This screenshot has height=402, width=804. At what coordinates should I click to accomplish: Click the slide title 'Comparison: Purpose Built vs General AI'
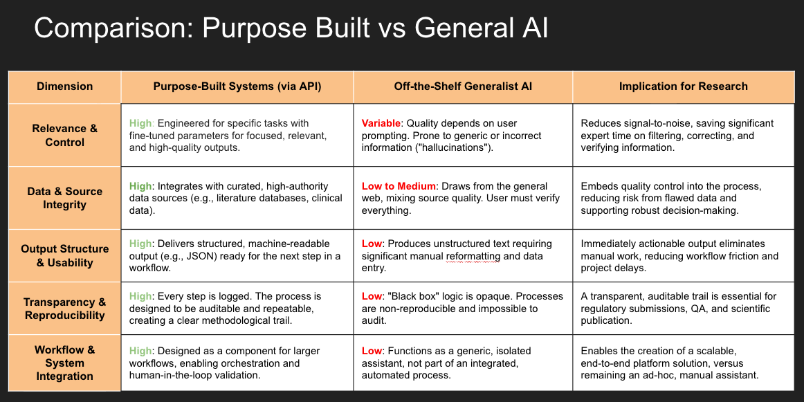point(291,29)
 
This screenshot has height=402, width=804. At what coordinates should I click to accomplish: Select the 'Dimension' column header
point(64,86)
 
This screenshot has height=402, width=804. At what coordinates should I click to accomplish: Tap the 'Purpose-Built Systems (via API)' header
point(237,86)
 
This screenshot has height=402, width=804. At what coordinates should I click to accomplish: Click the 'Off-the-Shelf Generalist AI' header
point(463,86)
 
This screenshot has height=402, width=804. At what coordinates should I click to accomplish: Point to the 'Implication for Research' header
point(683,86)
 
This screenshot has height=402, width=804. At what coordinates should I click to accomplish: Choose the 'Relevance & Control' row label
point(64,135)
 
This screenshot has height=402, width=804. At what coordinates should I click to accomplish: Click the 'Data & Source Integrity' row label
point(64,198)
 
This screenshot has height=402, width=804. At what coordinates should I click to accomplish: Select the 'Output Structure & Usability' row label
point(64,255)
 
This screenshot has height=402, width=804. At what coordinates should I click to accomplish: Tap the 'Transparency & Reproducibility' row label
point(64,309)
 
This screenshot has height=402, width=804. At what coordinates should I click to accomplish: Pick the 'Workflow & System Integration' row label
point(64,363)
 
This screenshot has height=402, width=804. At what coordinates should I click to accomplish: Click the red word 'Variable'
point(381,123)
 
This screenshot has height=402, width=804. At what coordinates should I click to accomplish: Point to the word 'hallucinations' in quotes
point(453,148)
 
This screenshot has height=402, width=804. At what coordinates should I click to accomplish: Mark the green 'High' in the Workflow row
point(140,351)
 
